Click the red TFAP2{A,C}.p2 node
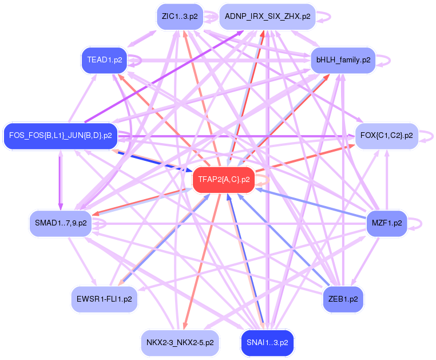click(x=224, y=180)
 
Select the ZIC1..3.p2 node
click(x=180, y=17)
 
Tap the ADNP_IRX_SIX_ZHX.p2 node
click(x=268, y=17)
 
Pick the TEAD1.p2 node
click(x=105, y=60)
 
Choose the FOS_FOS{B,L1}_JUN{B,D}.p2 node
click(x=61, y=136)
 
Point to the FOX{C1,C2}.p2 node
click(x=387, y=136)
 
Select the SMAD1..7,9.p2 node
click(x=61, y=222)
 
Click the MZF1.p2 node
click(x=387, y=222)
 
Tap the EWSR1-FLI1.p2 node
click(x=105, y=299)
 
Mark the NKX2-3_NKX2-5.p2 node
click(x=180, y=343)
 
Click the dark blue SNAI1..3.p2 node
click(x=268, y=343)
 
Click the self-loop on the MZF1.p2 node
click(x=418, y=222)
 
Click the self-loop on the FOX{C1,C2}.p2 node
click(x=429, y=136)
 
